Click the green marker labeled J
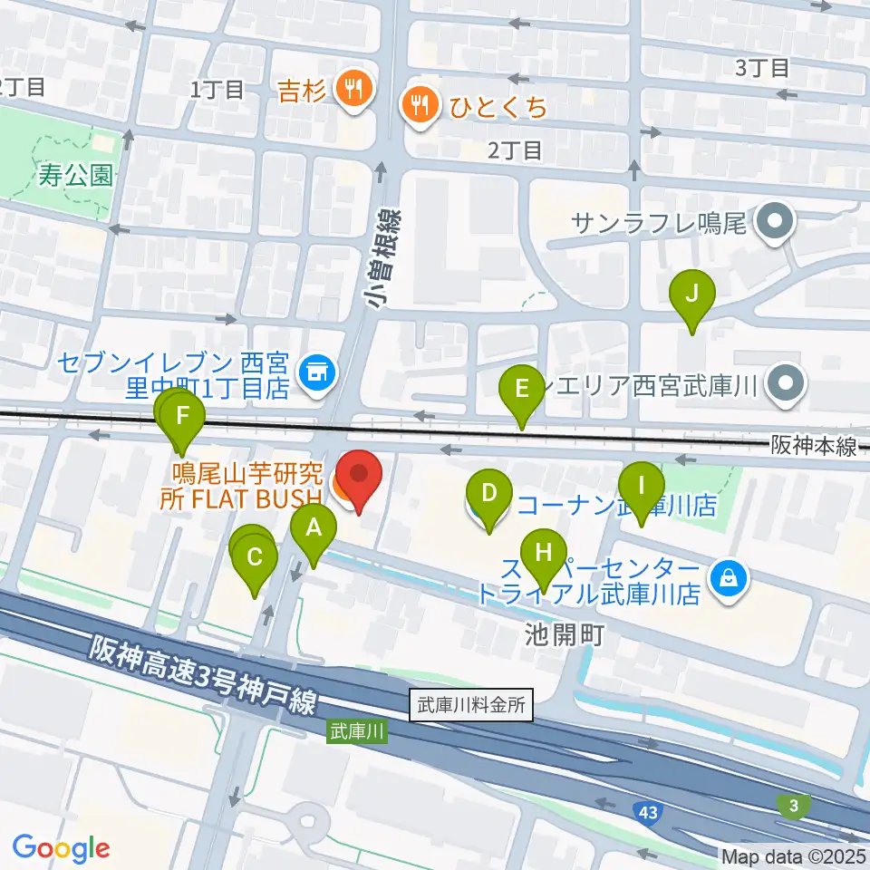[x=692, y=295]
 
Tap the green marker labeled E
[x=522, y=390]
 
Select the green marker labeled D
[x=488, y=494]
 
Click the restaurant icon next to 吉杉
[x=350, y=89]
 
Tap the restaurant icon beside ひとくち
[x=420, y=107]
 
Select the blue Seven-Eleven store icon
[x=316, y=371]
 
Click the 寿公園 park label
[x=76, y=174]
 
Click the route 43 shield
[x=649, y=810]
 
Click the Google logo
[x=61, y=848]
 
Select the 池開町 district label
[x=563, y=634]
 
